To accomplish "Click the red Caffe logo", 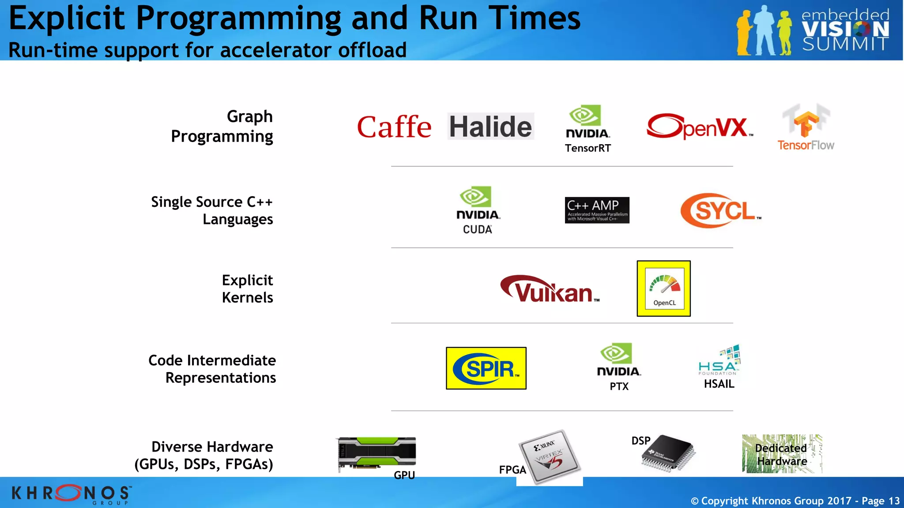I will tap(394, 127).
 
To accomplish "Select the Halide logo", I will tap(490, 127).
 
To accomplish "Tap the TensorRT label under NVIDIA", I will tap(588, 148).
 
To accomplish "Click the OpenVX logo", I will tap(700, 127).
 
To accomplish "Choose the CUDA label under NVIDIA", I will tap(477, 229).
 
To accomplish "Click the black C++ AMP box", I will tap(597, 210).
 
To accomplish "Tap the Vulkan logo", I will tap(549, 289).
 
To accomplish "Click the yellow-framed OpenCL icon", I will tap(663, 288).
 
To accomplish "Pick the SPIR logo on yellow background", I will tap(486, 368).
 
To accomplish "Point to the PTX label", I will tap(619, 386).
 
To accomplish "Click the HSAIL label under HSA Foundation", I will tap(719, 384).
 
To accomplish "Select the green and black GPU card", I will tap(377, 453).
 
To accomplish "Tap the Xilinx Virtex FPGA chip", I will tap(550, 457).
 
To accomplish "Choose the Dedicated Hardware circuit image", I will tap(782, 454).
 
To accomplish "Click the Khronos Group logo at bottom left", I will tap(71, 493).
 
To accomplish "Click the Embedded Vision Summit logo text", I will tap(845, 30).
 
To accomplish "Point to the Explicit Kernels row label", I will tap(247, 289).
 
